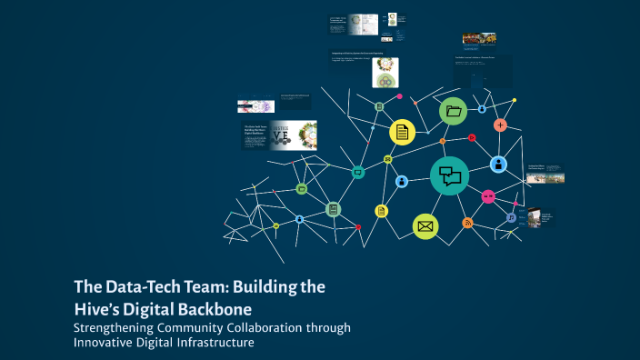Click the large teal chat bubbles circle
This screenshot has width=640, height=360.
(x=449, y=175)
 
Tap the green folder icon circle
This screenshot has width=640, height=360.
(x=453, y=112)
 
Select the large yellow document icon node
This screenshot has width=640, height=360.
(x=402, y=132)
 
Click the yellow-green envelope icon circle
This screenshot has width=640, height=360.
(x=425, y=226)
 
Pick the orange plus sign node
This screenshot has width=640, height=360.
(x=500, y=125)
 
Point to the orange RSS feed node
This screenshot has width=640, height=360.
(x=467, y=223)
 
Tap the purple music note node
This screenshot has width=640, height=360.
(x=511, y=218)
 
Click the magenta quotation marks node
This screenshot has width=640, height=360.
(x=488, y=195)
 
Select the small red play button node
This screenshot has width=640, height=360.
(x=472, y=138)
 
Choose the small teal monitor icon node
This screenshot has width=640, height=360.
(x=358, y=171)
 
